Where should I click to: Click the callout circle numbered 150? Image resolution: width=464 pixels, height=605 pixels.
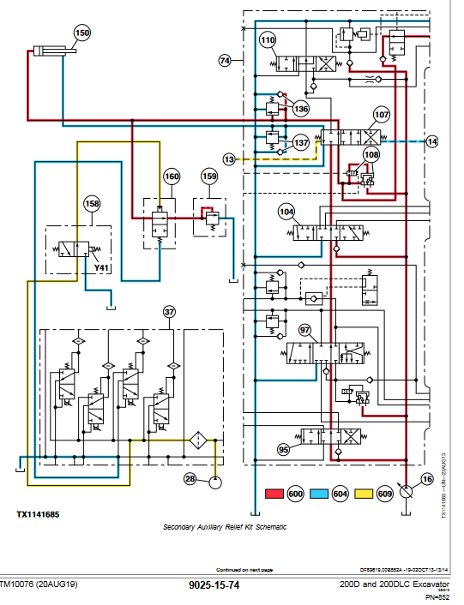pos(81,33)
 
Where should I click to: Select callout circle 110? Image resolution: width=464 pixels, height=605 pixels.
pos(268,40)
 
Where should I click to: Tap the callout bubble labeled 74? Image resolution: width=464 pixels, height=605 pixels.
pos(226,61)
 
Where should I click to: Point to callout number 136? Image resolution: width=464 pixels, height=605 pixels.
pos(300,109)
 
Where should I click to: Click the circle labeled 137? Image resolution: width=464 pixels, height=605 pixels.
pos(301,142)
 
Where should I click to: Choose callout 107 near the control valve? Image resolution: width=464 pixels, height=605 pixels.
pos(381,115)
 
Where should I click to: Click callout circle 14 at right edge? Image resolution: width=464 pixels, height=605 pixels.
pos(431,141)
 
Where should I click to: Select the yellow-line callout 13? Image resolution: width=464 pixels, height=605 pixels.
pos(229,159)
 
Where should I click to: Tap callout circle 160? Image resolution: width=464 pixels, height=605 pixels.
pos(172,177)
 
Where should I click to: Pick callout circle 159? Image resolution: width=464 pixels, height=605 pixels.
pos(209,177)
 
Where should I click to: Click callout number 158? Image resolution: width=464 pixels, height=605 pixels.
pos(92,204)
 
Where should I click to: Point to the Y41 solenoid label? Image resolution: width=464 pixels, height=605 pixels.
pos(101,267)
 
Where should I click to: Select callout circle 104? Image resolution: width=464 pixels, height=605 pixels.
pos(286,211)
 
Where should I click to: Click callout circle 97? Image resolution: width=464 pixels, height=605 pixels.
pos(305,331)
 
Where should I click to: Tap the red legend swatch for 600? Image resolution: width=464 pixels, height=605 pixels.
pos(274,494)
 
